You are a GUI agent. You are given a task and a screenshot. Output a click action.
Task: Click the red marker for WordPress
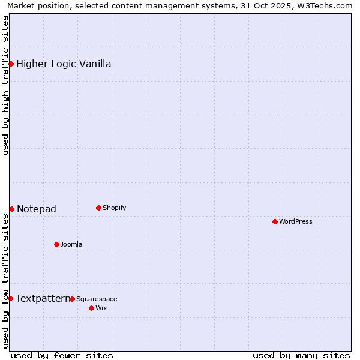pos(275,221)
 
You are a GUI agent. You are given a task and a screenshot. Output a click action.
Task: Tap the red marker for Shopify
pos(98,208)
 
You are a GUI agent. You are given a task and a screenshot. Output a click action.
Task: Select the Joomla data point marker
pos(56,244)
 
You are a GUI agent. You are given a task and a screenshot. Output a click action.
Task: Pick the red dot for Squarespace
pos(72,299)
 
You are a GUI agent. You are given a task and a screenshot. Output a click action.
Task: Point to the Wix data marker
pos(91,308)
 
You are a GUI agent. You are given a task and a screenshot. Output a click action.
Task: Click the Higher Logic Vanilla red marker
pos(11,64)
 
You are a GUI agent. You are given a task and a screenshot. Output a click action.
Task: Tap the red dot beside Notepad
pos(11,209)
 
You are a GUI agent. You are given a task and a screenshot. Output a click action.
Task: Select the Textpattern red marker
pos(10,298)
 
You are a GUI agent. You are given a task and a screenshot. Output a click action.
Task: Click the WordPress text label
pos(296,221)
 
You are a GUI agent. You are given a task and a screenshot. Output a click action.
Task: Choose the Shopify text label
pos(114,208)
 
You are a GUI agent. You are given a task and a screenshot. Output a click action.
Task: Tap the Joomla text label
pos(71,244)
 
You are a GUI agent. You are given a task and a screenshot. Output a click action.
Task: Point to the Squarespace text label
pos(97,299)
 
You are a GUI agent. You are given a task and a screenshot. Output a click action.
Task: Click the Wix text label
pos(101,308)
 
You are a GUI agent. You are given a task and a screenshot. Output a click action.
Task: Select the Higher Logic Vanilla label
pos(64,64)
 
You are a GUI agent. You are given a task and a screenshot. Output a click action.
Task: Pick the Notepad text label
pos(37,209)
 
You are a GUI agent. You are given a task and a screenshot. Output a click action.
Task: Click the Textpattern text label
pos(43,298)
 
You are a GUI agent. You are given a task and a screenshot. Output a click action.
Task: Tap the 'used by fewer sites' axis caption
pos(62,355)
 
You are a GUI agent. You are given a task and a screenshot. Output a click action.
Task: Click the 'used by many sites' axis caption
pos(301,355)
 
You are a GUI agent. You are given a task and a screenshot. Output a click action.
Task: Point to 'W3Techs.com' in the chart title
pos(327,6)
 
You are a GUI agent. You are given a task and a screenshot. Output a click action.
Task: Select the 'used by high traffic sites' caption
pos(6,85)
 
